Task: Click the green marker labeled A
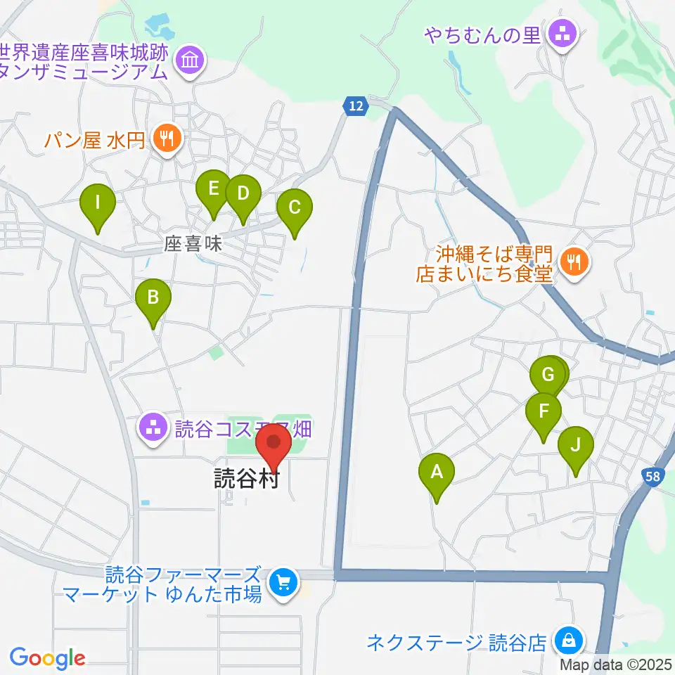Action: coord(437,473)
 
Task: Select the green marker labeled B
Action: coord(153,298)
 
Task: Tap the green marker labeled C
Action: coord(295,209)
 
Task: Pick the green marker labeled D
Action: coord(243,194)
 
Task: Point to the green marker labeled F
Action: coord(544,411)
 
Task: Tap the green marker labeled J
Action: coord(576,446)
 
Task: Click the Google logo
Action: coord(47,658)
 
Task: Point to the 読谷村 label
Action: coord(247,480)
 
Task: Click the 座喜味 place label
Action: coord(193,244)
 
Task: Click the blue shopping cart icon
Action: coord(284,582)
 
